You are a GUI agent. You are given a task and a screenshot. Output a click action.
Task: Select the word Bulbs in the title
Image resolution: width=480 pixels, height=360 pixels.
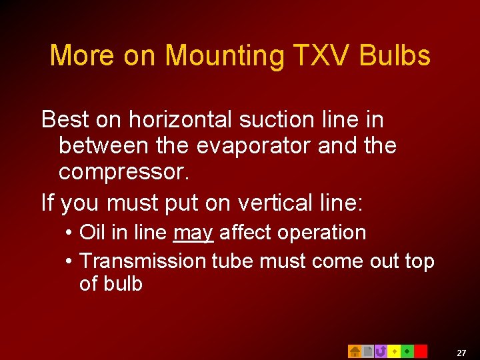click(395, 55)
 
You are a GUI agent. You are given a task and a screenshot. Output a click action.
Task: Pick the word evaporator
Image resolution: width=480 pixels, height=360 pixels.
click(247, 145)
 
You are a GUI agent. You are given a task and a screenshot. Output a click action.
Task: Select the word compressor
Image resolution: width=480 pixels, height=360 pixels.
click(124, 171)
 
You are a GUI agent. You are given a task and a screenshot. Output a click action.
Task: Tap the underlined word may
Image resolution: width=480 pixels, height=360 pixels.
click(193, 233)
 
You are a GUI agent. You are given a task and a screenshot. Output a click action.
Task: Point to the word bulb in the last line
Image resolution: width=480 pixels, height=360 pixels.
click(122, 283)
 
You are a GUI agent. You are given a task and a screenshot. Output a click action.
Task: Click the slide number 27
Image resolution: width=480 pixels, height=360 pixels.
click(461, 353)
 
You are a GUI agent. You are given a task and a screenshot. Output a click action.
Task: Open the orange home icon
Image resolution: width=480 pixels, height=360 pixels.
click(355, 351)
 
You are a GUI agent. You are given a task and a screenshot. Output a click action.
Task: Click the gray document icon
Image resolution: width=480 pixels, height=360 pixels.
click(367, 351)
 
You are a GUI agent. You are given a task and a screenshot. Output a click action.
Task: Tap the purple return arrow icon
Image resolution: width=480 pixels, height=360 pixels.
click(381, 351)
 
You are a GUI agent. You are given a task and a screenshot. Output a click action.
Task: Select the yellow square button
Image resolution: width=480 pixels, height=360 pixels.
click(394, 351)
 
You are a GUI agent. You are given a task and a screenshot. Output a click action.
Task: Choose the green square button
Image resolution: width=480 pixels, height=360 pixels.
click(407, 351)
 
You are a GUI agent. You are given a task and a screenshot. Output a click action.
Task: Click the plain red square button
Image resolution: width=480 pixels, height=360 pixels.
click(421, 351)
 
